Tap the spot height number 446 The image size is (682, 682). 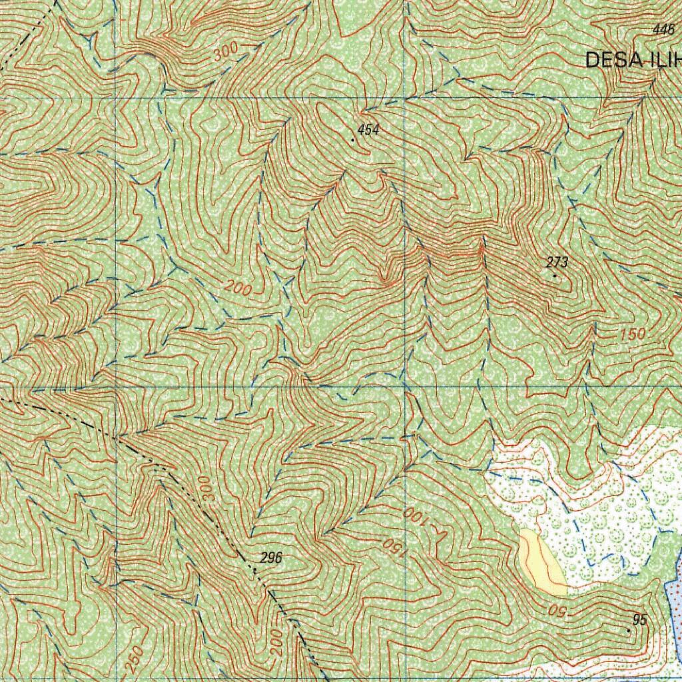coord(664,29)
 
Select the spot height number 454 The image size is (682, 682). coord(368,130)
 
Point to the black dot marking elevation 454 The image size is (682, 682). coord(353,140)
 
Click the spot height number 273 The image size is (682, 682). coord(557,262)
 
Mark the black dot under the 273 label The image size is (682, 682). coord(555,275)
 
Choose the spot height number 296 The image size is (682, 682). coord(271,558)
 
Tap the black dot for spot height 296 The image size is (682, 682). coord(255,570)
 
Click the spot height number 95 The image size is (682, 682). coord(639,620)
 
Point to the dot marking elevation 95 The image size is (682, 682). coord(629,629)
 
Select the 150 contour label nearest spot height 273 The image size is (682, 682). coord(632,334)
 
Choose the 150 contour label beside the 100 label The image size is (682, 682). coord(393,547)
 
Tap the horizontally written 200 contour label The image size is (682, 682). coord(238,288)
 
